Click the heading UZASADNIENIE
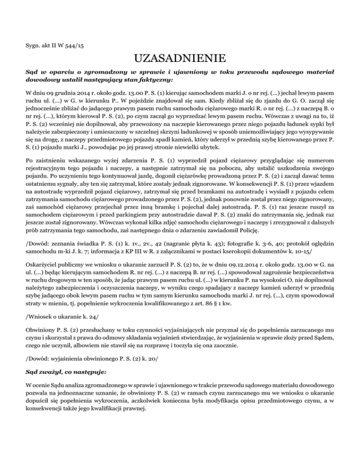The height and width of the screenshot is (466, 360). point(180,60)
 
